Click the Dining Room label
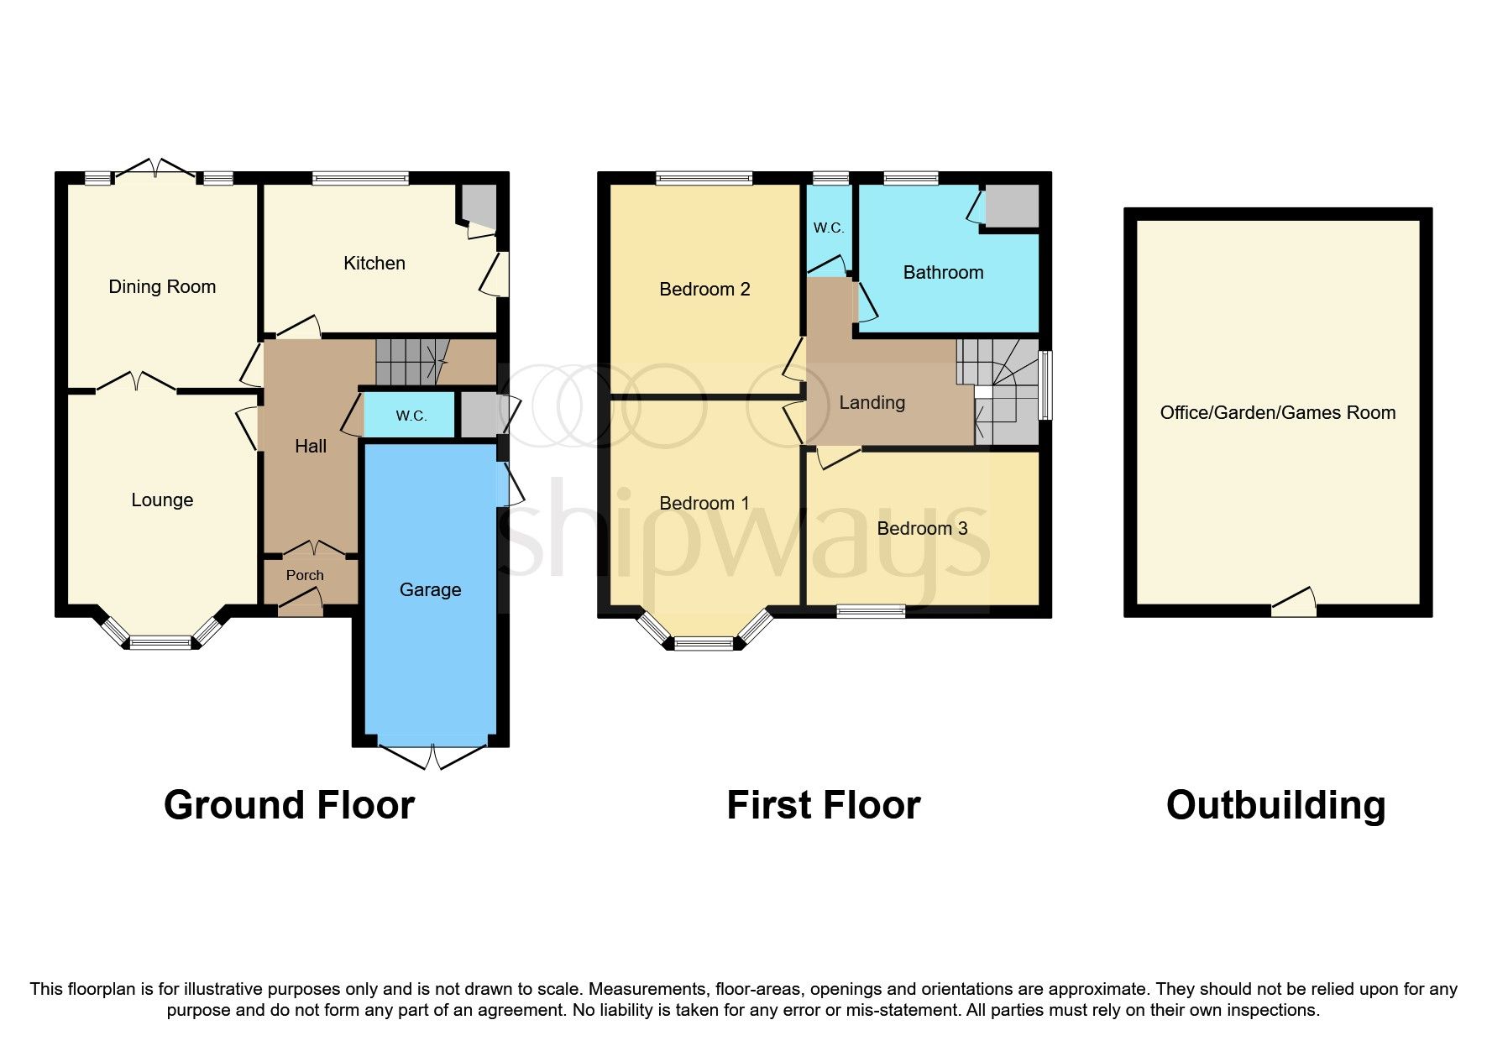click(x=162, y=287)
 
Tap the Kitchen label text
click(x=374, y=264)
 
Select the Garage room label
click(x=430, y=590)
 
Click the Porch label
click(x=305, y=576)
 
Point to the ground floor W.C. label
click(x=411, y=416)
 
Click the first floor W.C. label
click(x=828, y=228)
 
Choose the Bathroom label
click(x=943, y=273)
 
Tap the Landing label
click(x=872, y=403)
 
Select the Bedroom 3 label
click(x=922, y=529)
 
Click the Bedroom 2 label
click(x=704, y=290)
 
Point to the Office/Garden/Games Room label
click(x=1277, y=413)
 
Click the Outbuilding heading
click(x=1275, y=805)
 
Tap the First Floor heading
click(x=823, y=805)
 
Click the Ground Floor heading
click(x=289, y=805)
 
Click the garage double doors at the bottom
click(x=432, y=755)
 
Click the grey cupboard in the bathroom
click(x=1012, y=205)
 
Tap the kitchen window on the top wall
click(x=360, y=178)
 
